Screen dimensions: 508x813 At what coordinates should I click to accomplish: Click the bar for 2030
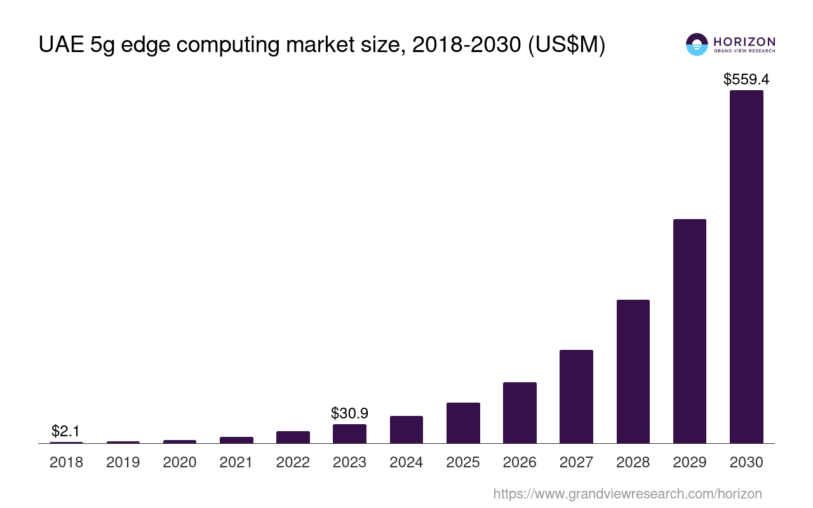746,267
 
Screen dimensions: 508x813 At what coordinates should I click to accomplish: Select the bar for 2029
690,331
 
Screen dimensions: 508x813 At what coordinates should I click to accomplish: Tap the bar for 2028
633,371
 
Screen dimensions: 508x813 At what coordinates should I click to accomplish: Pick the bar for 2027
576,396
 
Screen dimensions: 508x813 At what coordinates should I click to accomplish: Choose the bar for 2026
520,413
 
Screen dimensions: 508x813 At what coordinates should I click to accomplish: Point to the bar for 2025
463,423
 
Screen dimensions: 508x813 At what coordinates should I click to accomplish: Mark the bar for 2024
406,429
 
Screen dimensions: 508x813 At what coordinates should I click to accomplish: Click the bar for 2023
349,434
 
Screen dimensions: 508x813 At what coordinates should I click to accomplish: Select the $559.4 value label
746,79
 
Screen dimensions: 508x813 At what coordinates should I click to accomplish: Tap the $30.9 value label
349,413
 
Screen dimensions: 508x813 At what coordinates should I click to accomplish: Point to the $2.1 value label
65,431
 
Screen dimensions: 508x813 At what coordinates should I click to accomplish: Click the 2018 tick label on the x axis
66,462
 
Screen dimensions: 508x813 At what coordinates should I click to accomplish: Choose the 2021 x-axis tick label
236,462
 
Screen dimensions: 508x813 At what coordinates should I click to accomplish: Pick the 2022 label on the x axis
293,462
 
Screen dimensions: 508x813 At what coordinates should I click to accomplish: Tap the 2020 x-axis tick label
180,462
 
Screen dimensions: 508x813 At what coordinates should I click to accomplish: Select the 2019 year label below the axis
123,462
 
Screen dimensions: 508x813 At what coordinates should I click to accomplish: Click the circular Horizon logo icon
697,44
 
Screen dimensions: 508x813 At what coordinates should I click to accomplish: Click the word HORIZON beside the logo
744,42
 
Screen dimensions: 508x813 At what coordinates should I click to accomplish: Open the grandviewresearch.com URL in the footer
627,493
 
